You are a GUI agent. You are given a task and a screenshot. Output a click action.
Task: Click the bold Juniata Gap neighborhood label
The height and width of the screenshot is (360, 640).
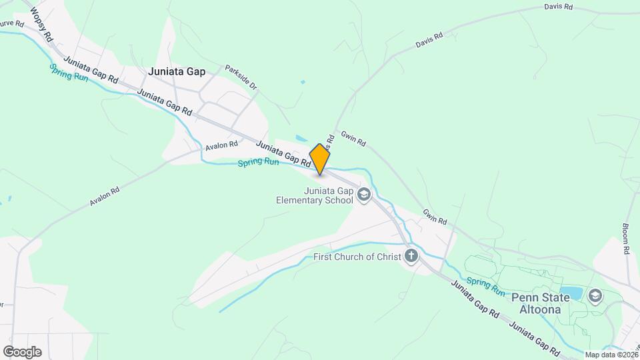[177, 71]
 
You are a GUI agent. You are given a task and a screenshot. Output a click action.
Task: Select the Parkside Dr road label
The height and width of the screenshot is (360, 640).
[241, 78]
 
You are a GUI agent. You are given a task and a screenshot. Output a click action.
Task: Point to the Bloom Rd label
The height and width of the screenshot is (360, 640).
[626, 238]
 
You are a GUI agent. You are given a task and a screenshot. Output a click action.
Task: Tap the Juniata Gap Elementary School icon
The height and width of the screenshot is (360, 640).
[364, 195]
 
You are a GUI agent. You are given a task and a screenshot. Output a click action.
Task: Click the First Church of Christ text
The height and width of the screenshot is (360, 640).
[357, 257]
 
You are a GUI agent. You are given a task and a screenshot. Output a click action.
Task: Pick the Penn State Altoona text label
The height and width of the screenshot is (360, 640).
[540, 304]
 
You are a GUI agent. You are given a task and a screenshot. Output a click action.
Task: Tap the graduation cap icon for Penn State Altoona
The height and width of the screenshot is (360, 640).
[595, 295]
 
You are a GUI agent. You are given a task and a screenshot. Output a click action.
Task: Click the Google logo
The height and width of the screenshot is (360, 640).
[22, 351]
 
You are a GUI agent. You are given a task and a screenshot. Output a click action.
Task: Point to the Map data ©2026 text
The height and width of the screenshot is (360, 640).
[611, 355]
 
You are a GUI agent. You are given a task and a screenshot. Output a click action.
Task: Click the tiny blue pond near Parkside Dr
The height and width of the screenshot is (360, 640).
[303, 82]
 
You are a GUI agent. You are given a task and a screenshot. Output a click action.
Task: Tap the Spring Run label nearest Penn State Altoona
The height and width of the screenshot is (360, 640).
[485, 285]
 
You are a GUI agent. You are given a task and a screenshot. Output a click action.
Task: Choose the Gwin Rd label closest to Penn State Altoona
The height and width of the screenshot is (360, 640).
[434, 216]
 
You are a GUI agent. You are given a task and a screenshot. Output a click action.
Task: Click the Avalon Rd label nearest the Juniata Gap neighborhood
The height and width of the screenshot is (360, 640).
[221, 145]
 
